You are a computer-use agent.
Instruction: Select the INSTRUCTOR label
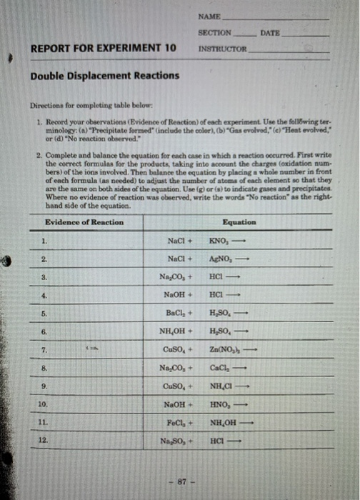click(221, 49)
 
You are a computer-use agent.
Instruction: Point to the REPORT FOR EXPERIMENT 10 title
click(104, 49)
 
